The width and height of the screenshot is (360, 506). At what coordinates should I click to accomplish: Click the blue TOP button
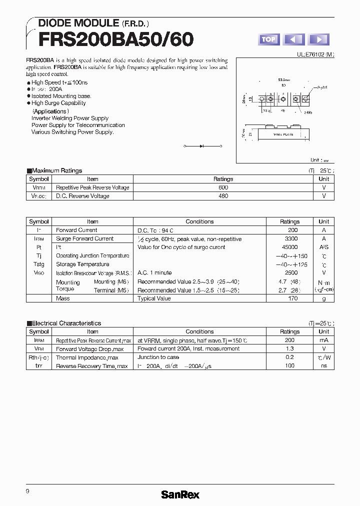pos(268,39)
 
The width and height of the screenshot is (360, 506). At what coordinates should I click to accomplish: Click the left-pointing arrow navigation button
pos(293,39)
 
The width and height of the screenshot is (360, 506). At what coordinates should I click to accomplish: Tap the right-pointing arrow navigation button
pos(318,39)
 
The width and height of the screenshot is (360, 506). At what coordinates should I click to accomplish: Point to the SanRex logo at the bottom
pos(180,494)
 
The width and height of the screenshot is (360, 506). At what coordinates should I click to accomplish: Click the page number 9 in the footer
pos(27,491)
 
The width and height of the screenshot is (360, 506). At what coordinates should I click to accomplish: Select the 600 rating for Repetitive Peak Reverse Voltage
pos(223,187)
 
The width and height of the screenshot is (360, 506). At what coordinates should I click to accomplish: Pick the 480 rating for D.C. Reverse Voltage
pos(223,196)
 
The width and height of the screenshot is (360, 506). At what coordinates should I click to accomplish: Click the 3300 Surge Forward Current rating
pos(289,239)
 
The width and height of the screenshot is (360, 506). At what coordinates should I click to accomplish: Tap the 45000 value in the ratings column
pos(289,247)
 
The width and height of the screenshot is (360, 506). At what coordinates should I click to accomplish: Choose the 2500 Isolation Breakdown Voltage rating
pos(289,273)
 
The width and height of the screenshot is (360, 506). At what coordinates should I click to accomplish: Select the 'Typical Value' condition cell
pos(154,298)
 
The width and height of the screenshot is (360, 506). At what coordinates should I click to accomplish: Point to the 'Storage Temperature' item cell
pos(82,264)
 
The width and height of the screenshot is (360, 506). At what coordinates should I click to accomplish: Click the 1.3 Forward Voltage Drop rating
pos(289,349)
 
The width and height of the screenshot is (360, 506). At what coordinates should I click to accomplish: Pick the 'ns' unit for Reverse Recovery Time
pos(324,366)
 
